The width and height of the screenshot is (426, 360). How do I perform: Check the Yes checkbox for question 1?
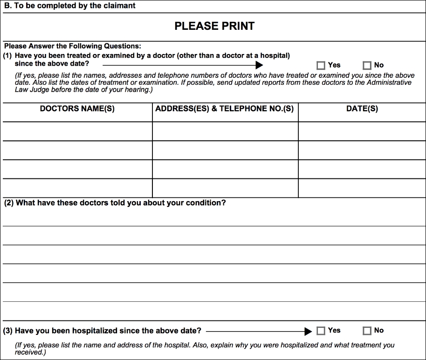(x=321, y=66)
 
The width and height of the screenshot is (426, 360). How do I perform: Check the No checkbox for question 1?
(x=367, y=66)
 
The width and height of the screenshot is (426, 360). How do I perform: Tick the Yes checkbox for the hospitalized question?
(x=321, y=331)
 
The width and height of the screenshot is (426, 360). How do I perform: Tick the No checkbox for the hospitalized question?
(x=367, y=331)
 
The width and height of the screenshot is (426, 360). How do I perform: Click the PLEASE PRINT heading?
(x=214, y=26)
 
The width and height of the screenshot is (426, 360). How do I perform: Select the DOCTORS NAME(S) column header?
(x=77, y=109)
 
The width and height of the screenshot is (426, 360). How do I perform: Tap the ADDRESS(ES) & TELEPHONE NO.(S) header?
(x=225, y=109)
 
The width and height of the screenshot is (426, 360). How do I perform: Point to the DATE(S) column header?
(x=362, y=109)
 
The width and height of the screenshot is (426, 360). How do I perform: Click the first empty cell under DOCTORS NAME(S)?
(x=77, y=131)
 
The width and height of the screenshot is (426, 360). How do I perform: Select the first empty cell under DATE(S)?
(x=362, y=131)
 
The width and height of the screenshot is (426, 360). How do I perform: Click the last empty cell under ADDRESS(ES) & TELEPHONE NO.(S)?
(x=225, y=188)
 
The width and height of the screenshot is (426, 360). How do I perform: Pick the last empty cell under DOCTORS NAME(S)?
(x=77, y=188)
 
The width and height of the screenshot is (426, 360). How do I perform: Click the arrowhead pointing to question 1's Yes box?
(x=260, y=65)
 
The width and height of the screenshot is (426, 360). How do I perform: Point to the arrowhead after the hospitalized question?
(x=308, y=331)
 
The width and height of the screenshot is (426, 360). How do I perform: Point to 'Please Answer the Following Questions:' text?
(x=72, y=47)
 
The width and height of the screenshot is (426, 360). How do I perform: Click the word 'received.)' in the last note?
(x=31, y=353)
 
